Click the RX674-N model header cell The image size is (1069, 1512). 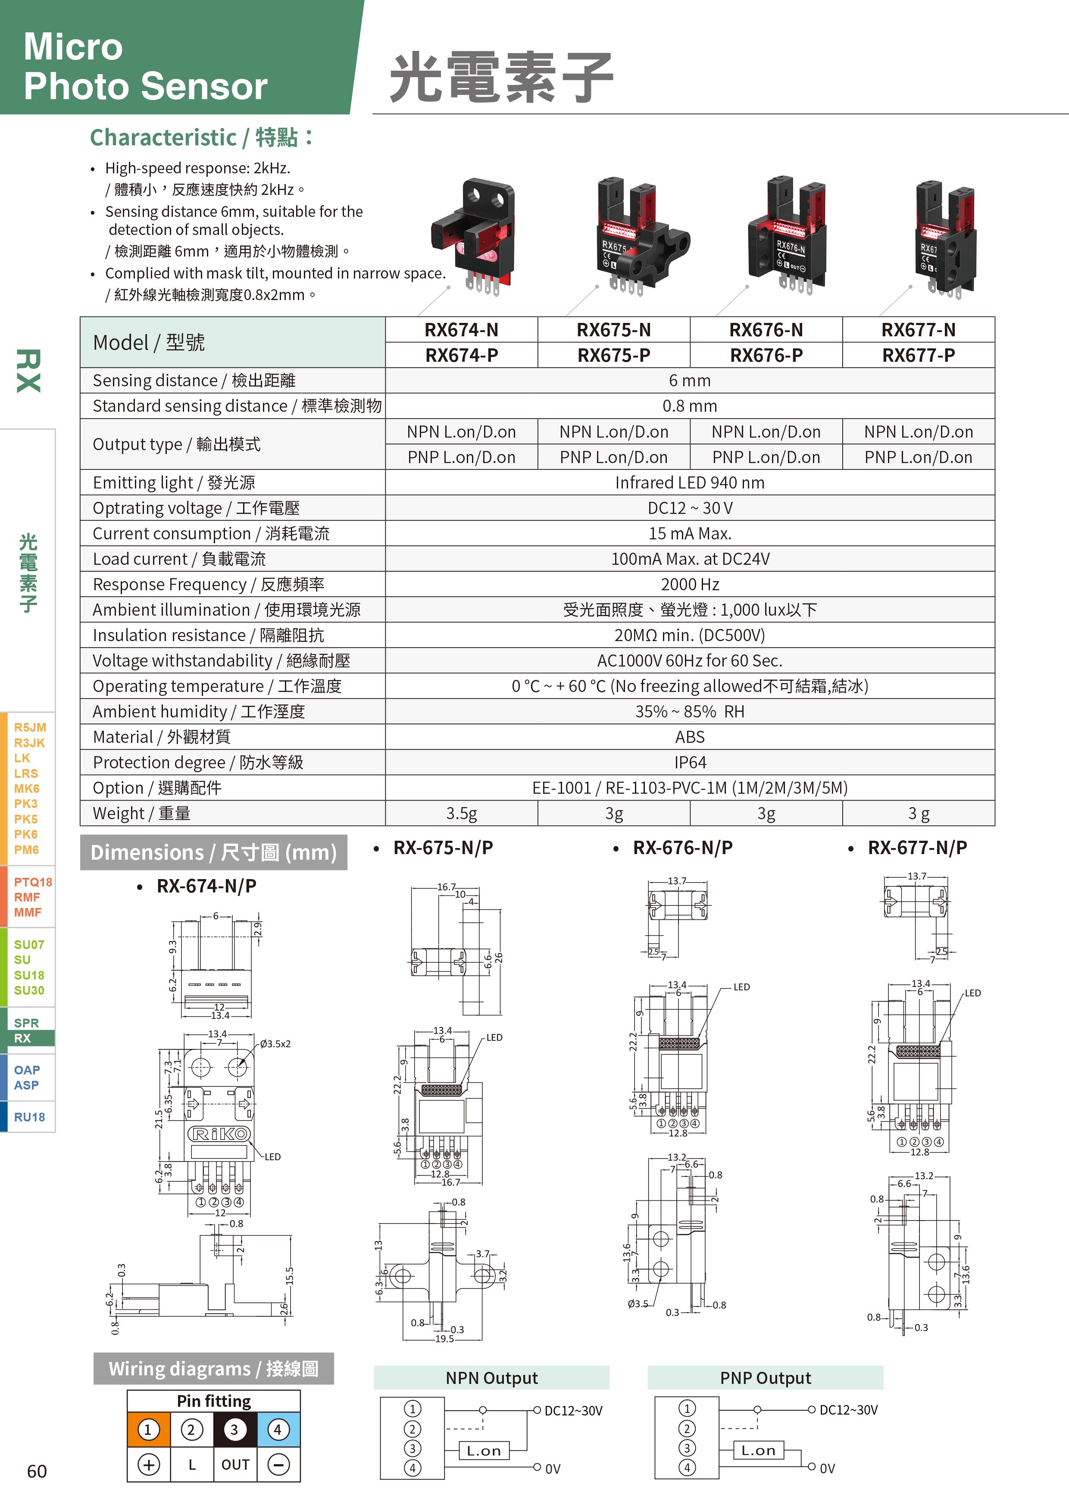point(461,329)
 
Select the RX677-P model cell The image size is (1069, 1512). point(918,355)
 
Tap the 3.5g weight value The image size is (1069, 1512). point(461,813)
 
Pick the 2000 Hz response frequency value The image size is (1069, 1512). point(689,584)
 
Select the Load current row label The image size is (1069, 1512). point(179,559)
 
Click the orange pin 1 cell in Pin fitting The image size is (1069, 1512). point(148,1430)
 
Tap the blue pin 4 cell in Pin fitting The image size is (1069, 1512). point(278,1430)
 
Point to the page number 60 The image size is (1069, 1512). point(37,1471)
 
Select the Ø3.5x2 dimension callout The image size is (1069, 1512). point(275,1044)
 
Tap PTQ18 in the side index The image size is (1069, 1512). point(32,882)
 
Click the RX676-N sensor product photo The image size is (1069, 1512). point(787,237)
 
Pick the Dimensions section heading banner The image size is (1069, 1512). point(213,852)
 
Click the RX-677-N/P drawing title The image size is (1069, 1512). point(917,848)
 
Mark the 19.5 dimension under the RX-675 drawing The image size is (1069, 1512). point(444,1339)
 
